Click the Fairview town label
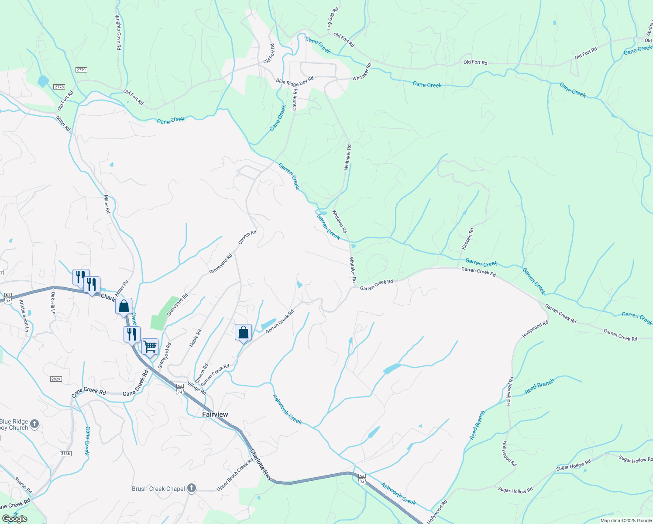(215, 414)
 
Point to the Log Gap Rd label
(333, 18)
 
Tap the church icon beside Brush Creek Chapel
(192, 489)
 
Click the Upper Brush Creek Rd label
(235, 474)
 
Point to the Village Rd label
(196, 388)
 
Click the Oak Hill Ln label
(53, 303)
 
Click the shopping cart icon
(150, 347)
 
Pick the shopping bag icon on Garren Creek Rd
(244, 333)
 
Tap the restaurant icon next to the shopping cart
(132, 334)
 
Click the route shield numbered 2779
(81, 70)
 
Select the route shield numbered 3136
(65, 454)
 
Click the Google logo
(14, 519)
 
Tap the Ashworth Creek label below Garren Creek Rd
(287, 409)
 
